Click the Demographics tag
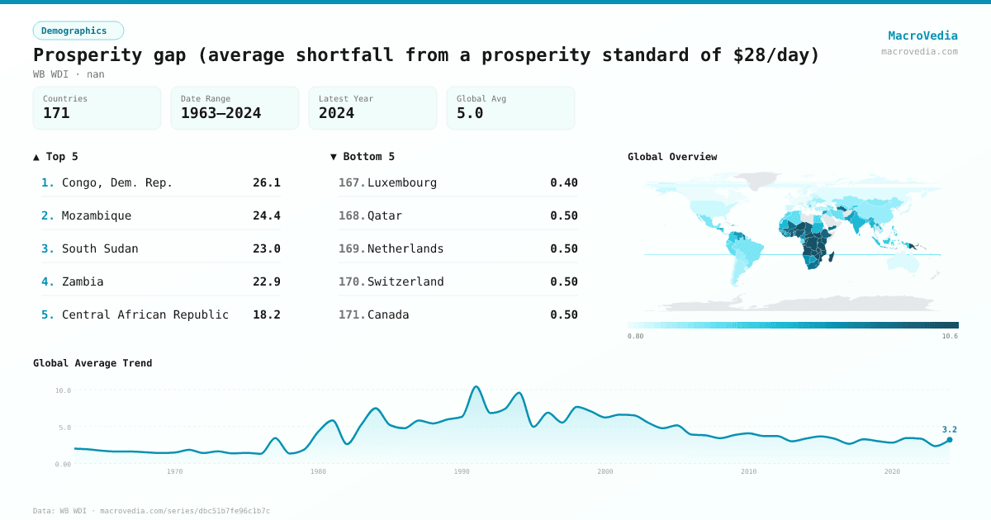coord(78,31)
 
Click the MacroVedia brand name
coord(922,35)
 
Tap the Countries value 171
coord(56,113)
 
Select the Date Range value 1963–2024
coord(220,113)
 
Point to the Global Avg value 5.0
coord(470,113)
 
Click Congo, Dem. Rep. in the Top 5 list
coord(117,182)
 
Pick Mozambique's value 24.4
coord(266,215)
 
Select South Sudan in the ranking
coord(100,248)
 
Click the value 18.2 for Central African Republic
coord(266,314)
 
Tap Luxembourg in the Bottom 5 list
coord(401,182)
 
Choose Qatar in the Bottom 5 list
coord(385,215)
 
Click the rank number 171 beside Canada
coord(350,314)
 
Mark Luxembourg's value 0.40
coord(564,182)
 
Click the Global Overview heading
coord(672,157)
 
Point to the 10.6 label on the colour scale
coord(950,336)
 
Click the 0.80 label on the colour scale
coord(635,336)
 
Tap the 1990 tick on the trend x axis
coord(462,471)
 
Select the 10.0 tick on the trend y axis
coord(63,390)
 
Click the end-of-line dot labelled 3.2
coord(950,440)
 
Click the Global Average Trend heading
coord(92,363)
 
